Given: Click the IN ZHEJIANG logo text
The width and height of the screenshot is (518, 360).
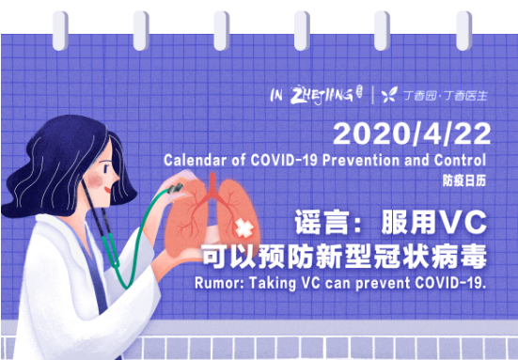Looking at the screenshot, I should (312, 94).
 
